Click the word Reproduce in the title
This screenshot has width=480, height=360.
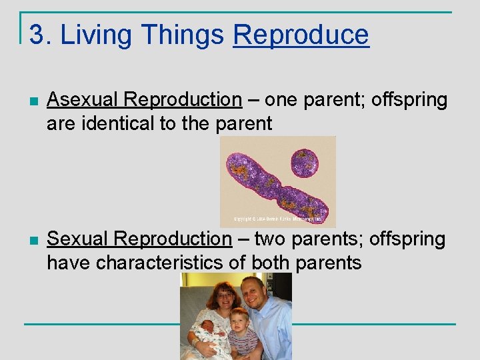[301, 35]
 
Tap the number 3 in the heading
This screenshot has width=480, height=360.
[36, 35]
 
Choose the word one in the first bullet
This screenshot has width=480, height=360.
[283, 100]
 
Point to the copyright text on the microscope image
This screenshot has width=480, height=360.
[277, 218]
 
